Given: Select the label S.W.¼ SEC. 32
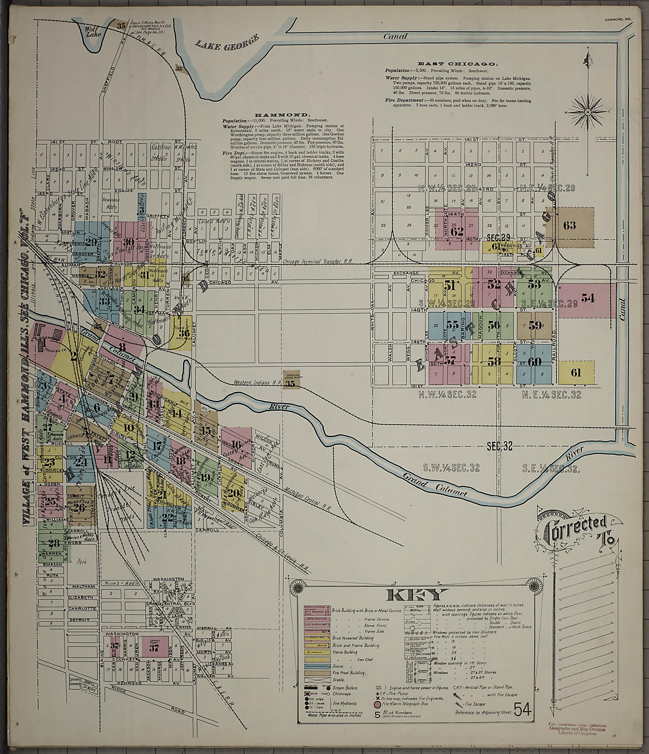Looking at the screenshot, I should [x=452, y=468].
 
